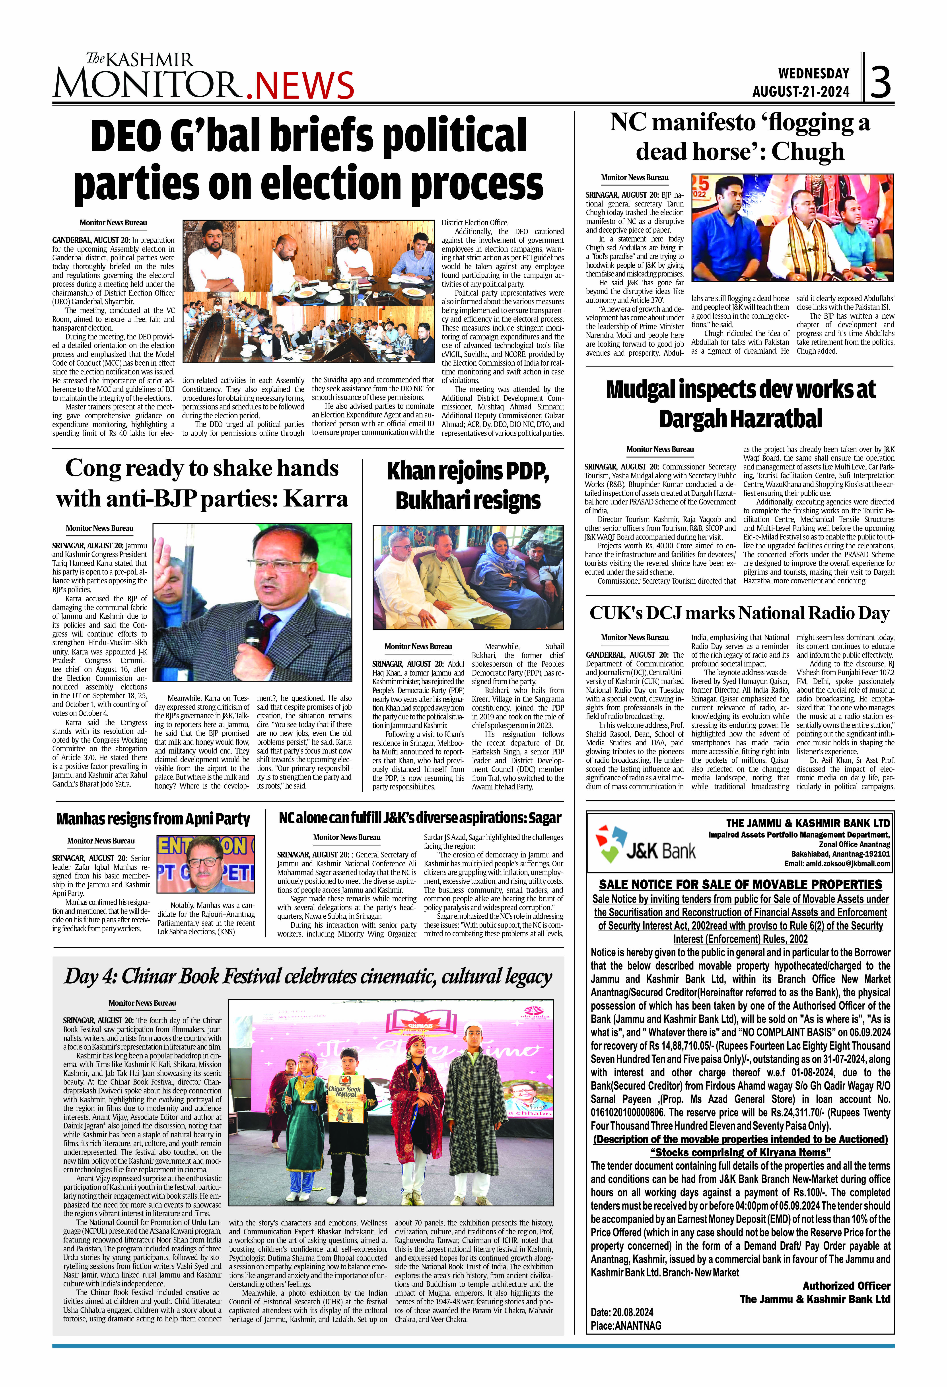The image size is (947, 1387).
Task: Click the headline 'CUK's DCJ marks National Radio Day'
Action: (x=739, y=613)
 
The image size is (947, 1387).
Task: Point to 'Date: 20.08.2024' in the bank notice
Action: (x=622, y=1312)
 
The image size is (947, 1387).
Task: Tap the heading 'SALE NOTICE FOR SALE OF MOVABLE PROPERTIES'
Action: (x=740, y=884)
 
